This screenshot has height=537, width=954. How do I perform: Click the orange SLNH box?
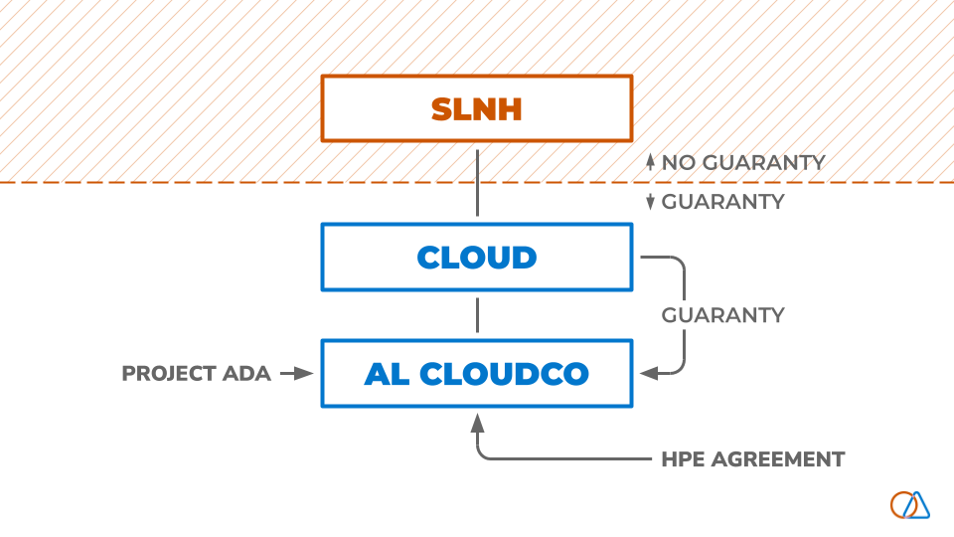[477, 107]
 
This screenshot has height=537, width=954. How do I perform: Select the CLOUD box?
[477, 257]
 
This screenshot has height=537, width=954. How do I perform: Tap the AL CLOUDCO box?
[477, 373]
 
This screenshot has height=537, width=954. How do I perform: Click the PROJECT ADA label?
[196, 374]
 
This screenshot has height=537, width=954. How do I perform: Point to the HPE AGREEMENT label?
[752, 459]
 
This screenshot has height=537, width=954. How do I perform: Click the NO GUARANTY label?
[743, 162]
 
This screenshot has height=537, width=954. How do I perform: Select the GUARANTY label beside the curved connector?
[722, 315]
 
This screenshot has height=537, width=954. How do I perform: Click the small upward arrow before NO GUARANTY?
[650, 161]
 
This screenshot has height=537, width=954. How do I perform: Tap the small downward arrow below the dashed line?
[650, 202]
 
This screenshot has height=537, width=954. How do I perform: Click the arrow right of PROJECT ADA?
[296, 374]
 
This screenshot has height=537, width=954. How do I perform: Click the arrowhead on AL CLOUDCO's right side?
[648, 374]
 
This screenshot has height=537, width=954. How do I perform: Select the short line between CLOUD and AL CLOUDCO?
[478, 314]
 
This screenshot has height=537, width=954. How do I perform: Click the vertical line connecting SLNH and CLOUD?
[478, 182]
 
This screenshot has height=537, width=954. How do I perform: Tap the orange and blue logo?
[910, 504]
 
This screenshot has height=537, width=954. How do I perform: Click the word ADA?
[247, 374]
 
